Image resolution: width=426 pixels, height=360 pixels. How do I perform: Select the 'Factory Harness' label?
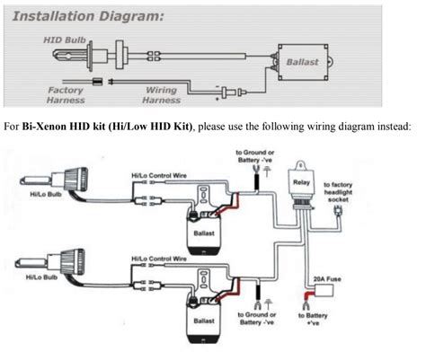(x=65, y=94)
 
